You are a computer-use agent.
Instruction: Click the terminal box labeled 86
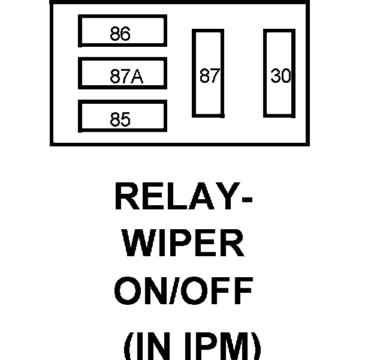(122, 31)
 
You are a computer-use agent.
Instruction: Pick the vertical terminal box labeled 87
(207, 73)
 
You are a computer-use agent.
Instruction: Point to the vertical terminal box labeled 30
(279, 73)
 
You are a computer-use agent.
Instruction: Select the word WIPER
(183, 245)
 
